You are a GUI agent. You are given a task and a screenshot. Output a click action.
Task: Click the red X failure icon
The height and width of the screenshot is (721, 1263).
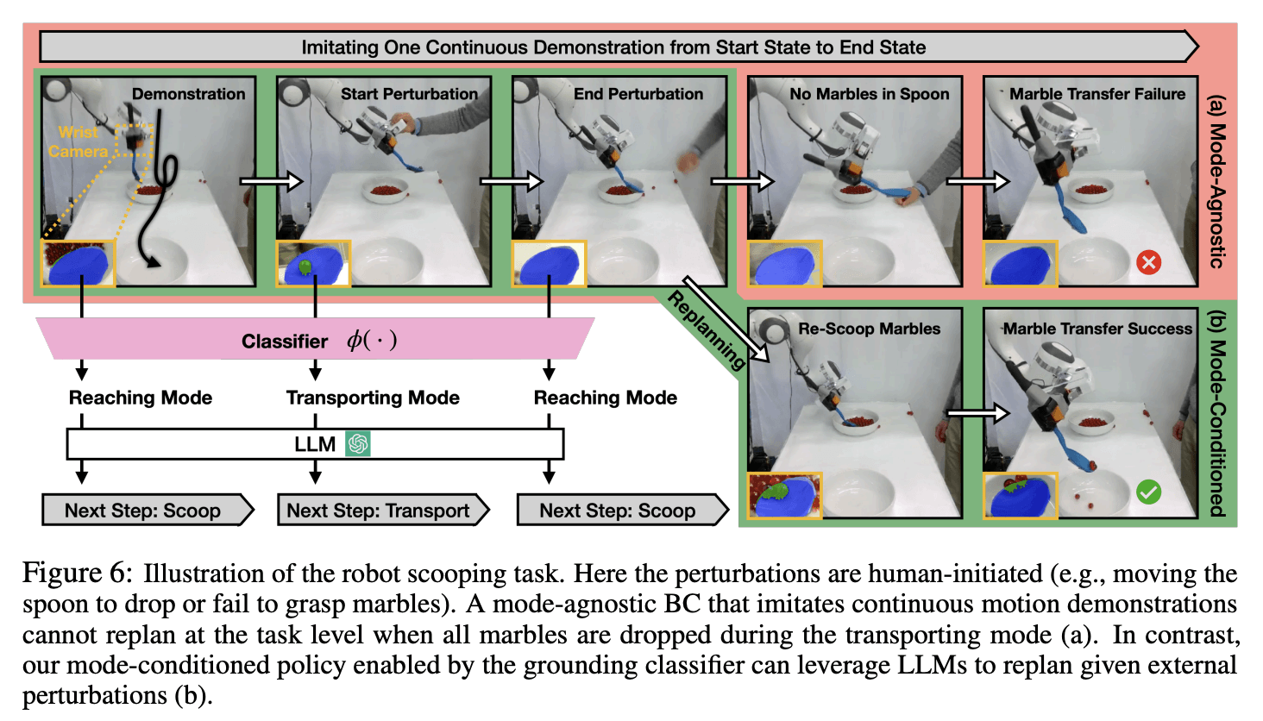point(1148,262)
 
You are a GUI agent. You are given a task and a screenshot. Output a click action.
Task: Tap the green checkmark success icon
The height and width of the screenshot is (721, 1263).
point(1148,492)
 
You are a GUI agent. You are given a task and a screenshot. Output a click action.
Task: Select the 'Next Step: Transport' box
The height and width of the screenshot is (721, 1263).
point(380,511)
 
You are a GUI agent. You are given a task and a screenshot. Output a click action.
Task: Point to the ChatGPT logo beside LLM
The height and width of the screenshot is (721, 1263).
point(357,444)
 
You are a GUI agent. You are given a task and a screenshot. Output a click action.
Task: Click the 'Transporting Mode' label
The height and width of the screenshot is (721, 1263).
point(373,398)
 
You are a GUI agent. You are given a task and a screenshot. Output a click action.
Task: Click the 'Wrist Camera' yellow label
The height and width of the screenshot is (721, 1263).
point(79,141)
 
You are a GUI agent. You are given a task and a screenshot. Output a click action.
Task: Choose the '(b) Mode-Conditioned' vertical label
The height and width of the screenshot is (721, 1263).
point(1216,414)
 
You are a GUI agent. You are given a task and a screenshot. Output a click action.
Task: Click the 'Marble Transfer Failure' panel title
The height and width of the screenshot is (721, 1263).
point(1097,94)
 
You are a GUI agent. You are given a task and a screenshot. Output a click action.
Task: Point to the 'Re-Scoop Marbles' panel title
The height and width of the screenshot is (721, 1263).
point(869,329)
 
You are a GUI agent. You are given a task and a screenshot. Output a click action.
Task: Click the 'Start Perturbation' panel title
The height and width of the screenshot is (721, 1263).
point(409,94)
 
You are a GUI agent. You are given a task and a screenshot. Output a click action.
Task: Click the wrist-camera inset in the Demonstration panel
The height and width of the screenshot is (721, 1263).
point(79,263)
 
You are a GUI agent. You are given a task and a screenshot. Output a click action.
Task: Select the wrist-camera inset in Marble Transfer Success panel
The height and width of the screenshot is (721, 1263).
point(1020,496)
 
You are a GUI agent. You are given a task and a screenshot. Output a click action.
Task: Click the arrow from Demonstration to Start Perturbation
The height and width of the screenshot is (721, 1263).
point(271,181)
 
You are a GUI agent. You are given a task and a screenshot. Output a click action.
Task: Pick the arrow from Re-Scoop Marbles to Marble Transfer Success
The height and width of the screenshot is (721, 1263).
point(977,414)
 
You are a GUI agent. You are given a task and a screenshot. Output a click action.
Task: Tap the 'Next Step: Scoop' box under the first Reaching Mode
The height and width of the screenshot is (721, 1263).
point(143,511)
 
